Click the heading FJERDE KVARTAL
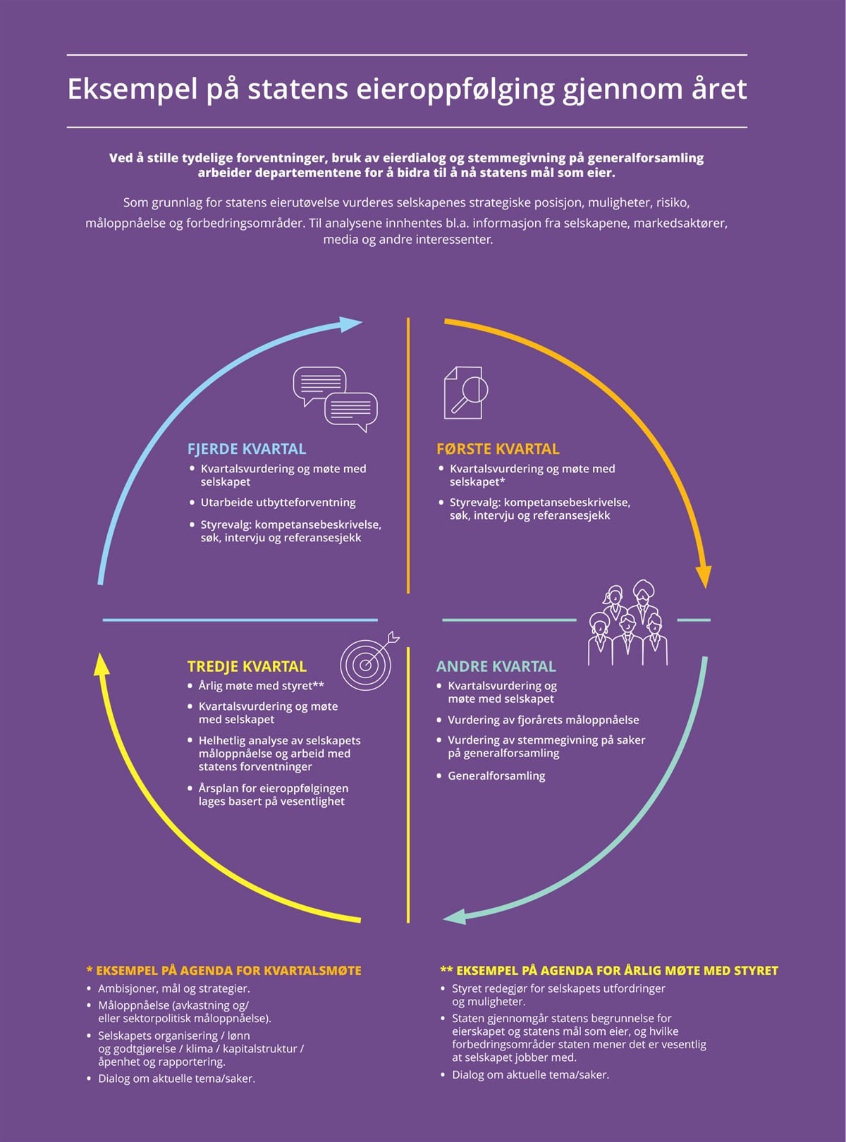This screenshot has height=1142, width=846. [x=247, y=449]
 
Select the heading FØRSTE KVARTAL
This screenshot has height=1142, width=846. [x=498, y=449]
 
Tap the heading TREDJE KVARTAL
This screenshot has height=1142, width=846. [x=247, y=666]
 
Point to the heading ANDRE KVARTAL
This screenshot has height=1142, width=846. [x=496, y=666]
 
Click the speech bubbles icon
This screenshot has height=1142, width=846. [x=335, y=399]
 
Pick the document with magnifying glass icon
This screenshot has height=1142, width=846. [x=465, y=393]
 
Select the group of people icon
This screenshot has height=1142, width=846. [x=627, y=623]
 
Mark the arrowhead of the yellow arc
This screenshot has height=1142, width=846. [x=102, y=664]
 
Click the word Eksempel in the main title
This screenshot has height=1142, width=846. [x=133, y=90]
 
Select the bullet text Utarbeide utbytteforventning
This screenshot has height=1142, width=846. [x=278, y=503]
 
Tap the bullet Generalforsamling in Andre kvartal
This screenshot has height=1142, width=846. [x=496, y=775]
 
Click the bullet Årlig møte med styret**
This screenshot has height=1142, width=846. [x=262, y=686]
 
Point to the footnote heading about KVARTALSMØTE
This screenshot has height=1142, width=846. [x=224, y=971]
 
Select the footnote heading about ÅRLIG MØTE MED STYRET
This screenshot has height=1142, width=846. [x=609, y=971]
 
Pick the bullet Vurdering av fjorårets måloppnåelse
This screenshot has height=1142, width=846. [x=544, y=720]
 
